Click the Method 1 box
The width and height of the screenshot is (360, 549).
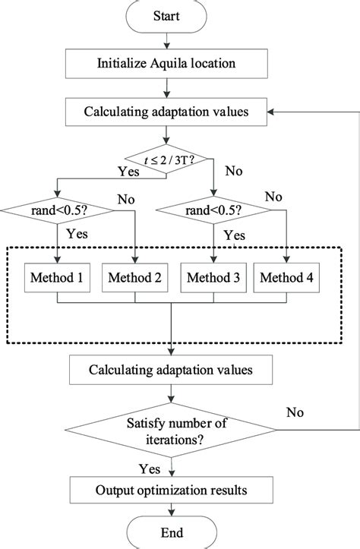[58, 278]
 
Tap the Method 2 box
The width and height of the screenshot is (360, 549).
[136, 278]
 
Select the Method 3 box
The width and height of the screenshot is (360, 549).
[213, 278]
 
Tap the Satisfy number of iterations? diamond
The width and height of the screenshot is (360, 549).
[174, 431]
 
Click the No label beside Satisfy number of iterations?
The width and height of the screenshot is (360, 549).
[296, 412]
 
